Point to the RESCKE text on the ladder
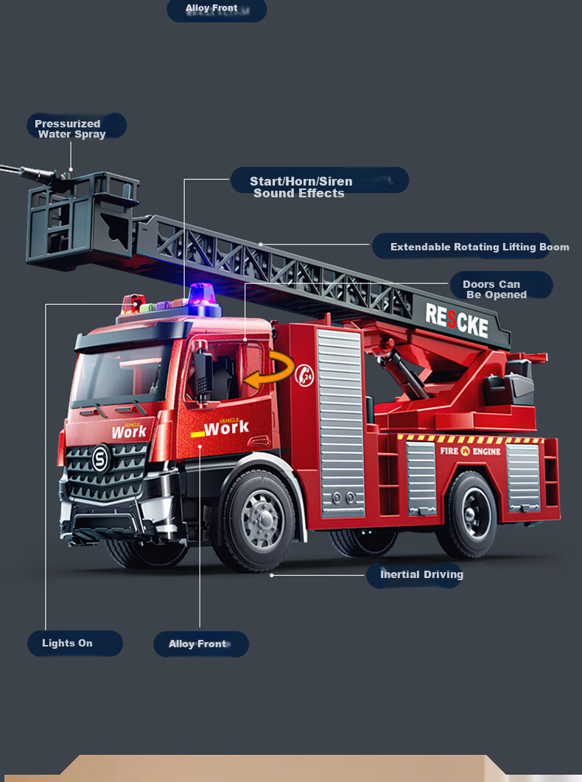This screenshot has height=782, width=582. [457, 321]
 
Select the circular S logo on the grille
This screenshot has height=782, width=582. [101, 458]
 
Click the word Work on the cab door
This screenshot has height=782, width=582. [226, 427]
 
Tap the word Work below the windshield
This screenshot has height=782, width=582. [129, 431]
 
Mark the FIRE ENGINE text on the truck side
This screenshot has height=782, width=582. [470, 451]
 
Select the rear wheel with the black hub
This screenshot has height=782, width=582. [470, 514]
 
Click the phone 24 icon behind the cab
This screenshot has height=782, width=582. [304, 375]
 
